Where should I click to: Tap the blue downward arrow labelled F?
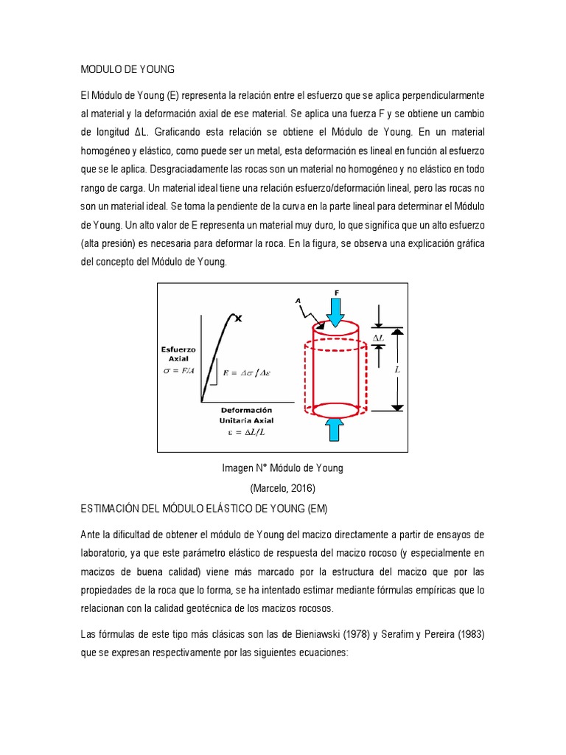[336, 310]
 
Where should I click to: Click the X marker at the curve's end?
[239, 318]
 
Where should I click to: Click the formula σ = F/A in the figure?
[179, 370]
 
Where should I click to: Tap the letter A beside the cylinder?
[298, 300]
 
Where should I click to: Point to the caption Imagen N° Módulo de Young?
[282, 468]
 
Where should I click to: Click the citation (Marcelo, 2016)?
[282, 488]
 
